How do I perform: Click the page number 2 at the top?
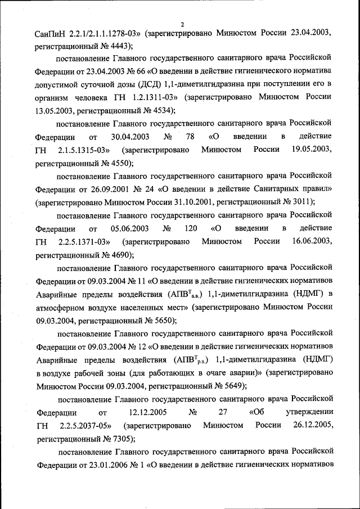coord(182,24)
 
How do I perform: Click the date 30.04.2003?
coord(130,137)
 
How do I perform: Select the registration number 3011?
coord(301,201)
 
